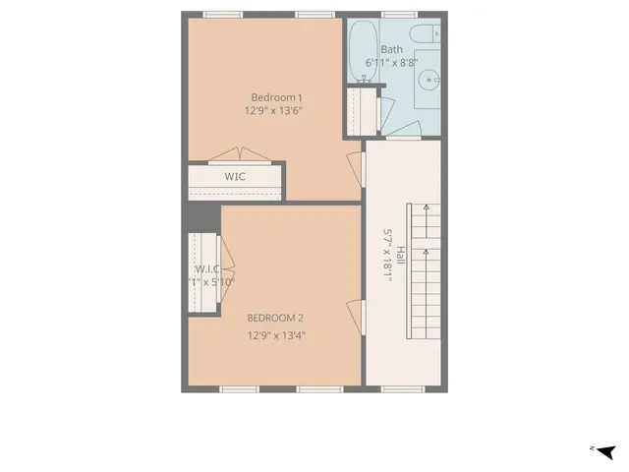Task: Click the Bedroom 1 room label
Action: pyautogui.click(x=275, y=97)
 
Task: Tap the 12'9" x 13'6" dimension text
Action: pyautogui.click(x=274, y=111)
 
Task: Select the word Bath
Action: pyautogui.click(x=391, y=49)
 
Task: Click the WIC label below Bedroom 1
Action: pyautogui.click(x=235, y=177)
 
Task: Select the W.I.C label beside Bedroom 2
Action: pyautogui.click(x=206, y=269)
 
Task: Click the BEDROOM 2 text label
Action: pyautogui.click(x=275, y=318)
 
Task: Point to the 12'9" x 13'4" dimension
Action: pyautogui.click(x=275, y=335)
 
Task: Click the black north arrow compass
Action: pyautogui.click(x=605, y=451)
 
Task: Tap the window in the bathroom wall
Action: pyautogui.click(x=399, y=15)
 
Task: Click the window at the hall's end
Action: pyautogui.click(x=400, y=389)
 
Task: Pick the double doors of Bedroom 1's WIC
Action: pyautogui.click(x=236, y=154)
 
